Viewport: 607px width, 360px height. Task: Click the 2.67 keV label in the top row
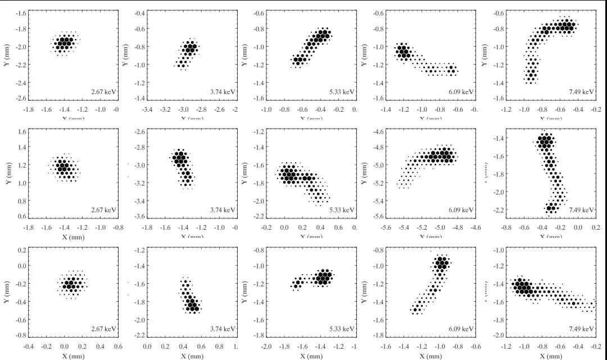tap(105, 92)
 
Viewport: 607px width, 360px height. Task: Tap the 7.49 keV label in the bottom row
tap(582, 329)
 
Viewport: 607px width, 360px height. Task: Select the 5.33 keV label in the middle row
tap(342, 209)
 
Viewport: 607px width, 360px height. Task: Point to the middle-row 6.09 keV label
tap(461, 209)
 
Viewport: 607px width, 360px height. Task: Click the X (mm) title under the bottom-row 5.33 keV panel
tap(310, 356)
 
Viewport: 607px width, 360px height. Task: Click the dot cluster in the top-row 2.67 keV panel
tap(65, 43)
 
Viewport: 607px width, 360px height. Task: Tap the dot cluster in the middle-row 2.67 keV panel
tap(64, 167)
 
